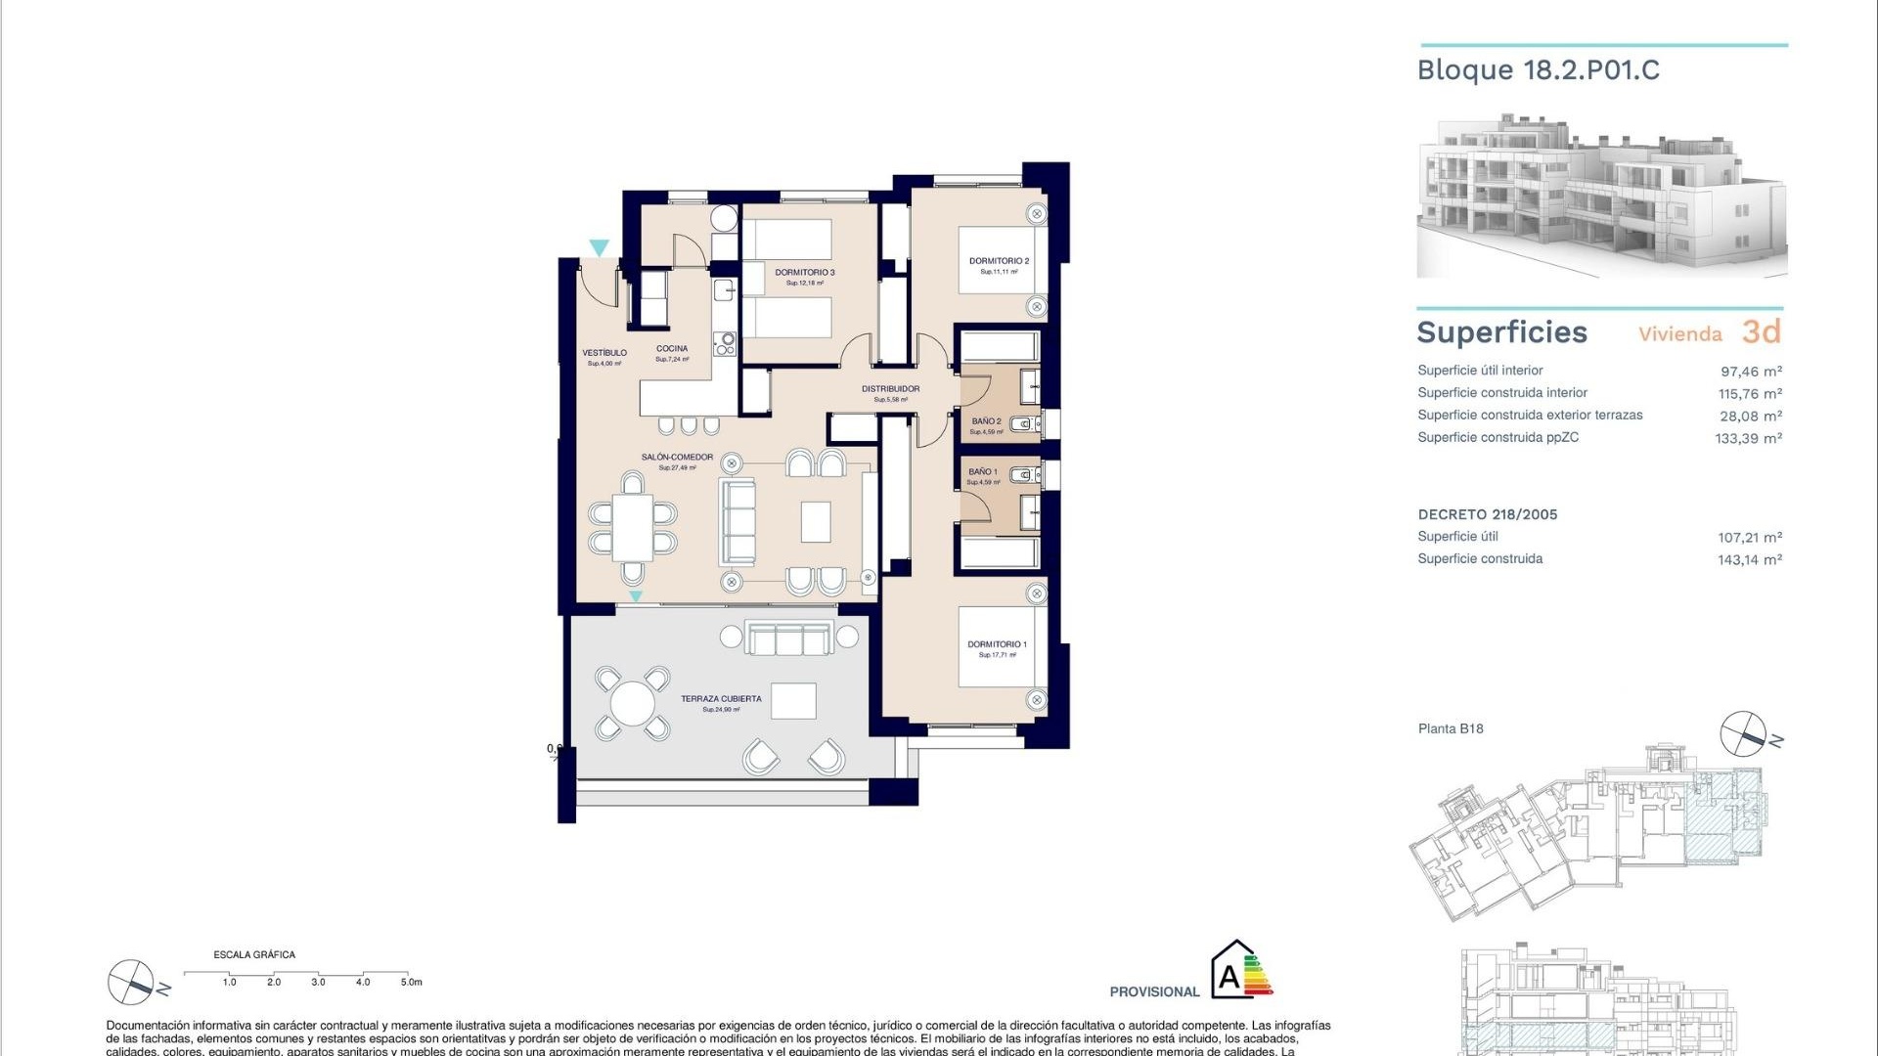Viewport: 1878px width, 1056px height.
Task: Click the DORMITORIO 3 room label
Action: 804,273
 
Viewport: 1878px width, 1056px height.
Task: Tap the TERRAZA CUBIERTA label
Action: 721,699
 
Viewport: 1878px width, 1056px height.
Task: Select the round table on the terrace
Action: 632,703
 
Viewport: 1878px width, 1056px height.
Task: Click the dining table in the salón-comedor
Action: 633,527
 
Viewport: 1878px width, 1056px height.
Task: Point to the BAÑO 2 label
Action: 986,421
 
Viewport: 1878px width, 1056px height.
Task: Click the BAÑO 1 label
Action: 983,472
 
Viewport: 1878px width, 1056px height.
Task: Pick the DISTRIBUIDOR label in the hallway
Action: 890,389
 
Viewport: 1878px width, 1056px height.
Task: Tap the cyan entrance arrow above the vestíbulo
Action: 599,248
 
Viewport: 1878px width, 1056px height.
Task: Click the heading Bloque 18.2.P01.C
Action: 1538,70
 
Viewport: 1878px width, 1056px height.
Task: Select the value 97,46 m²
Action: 1751,372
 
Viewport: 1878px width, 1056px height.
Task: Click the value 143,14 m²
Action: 1749,560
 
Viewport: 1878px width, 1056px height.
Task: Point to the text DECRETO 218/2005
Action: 1487,514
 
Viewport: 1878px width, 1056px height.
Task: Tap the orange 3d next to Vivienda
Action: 1762,332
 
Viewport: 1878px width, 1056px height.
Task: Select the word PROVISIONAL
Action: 1154,991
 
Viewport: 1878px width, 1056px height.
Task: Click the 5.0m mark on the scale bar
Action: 411,982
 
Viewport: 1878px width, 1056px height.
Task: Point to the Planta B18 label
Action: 1451,728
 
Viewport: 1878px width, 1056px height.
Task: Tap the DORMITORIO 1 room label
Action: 997,644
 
